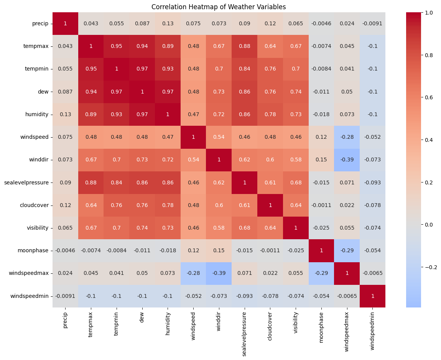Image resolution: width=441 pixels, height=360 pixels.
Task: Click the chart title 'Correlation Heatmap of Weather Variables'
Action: click(x=219, y=7)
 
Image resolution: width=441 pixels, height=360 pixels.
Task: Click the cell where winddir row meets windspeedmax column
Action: click(x=347, y=160)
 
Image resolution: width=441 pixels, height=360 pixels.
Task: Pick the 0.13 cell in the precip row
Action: click(x=168, y=23)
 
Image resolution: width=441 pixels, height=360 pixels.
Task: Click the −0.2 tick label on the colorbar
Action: click(x=431, y=267)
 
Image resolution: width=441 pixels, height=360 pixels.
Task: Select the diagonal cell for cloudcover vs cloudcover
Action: click(x=270, y=205)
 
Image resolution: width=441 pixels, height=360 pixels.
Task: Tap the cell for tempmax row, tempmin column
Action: click(x=116, y=46)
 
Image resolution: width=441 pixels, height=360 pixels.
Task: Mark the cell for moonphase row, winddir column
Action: click(x=219, y=251)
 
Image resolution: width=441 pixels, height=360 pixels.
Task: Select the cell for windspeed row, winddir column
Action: click(x=219, y=137)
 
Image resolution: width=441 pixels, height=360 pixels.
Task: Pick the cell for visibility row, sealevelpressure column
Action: click(x=244, y=228)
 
